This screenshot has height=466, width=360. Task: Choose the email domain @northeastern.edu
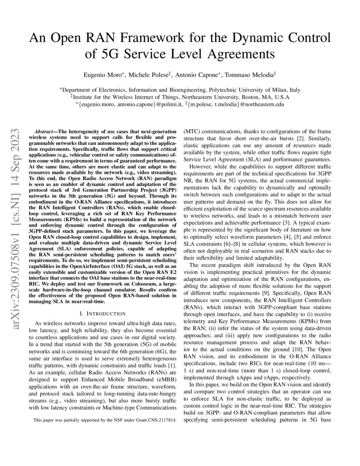[260, 103]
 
